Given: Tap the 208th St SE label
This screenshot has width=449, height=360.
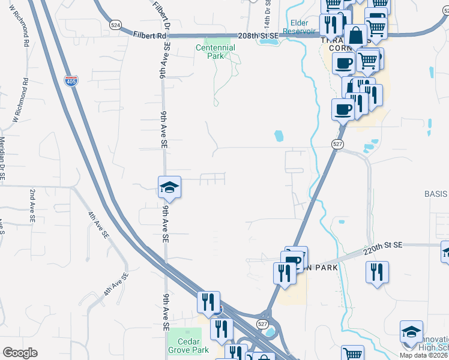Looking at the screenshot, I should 259,36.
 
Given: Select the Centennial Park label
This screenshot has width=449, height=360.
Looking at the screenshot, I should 214,52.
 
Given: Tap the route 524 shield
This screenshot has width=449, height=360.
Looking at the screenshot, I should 116,25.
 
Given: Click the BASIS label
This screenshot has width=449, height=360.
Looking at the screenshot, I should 436,194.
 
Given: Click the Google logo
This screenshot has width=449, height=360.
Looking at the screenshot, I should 20,353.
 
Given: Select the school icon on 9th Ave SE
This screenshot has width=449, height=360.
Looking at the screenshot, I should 169,187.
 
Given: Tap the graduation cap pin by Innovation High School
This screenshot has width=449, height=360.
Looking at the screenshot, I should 411,332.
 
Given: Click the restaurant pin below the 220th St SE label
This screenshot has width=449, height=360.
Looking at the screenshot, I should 377,271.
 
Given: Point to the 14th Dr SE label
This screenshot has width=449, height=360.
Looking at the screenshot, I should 268,8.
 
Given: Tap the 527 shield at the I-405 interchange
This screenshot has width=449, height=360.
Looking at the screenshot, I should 262,323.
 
